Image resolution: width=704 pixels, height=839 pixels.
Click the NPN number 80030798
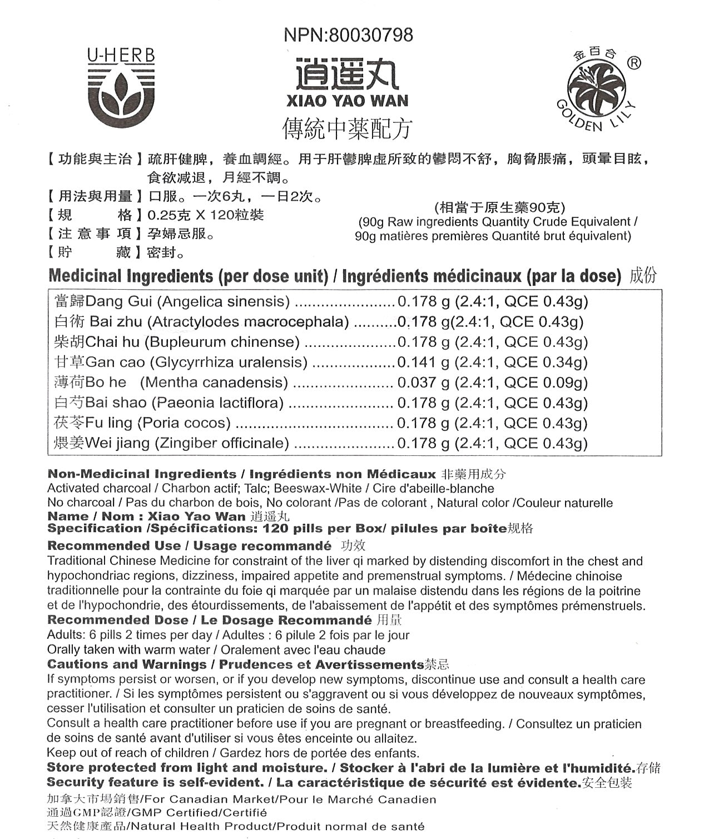[371, 35]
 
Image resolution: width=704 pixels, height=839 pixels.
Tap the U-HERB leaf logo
[121, 89]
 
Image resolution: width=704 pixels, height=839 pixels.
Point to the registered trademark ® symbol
[633, 63]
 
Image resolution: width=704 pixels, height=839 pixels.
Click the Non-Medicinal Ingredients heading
[142, 474]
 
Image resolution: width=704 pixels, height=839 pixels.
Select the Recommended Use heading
[114, 546]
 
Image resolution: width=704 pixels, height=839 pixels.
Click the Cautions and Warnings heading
[127, 664]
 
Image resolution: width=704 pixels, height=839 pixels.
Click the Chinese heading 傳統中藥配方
[347, 128]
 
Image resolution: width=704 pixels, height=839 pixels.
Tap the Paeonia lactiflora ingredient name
[218, 403]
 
